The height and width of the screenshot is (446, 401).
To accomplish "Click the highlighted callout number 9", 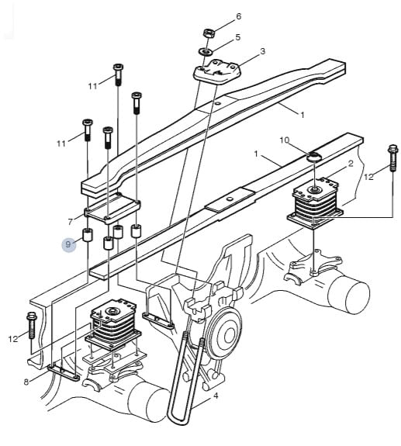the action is pyautogui.click(x=68, y=244).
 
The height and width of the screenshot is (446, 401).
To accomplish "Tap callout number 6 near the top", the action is pyautogui.click(x=238, y=16).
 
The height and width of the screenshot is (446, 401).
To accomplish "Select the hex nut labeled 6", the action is pyautogui.click(x=209, y=33).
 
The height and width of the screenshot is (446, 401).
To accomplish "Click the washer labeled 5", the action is pyautogui.click(x=206, y=52).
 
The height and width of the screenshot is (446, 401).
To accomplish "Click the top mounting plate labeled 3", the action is pyautogui.click(x=217, y=72).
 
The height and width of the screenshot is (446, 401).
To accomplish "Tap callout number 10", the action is pyautogui.click(x=285, y=140).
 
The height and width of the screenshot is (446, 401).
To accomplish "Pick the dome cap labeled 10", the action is pyautogui.click(x=314, y=157).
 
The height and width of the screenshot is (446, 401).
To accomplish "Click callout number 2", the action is pyautogui.click(x=351, y=164).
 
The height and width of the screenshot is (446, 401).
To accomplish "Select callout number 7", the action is pyautogui.click(x=71, y=222).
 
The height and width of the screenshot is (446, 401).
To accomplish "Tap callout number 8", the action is pyautogui.click(x=26, y=382).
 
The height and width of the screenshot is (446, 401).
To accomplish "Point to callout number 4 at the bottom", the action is pyautogui.click(x=216, y=396).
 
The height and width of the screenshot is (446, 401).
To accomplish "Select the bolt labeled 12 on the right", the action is pyautogui.click(x=392, y=158).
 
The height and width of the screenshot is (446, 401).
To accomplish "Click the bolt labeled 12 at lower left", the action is pyautogui.click(x=31, y=325).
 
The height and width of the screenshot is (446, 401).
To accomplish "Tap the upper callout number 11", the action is pyautogui.click(x=92, y=86).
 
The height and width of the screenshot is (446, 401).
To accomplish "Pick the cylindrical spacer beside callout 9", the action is pyautogui.click(x=88, y=235).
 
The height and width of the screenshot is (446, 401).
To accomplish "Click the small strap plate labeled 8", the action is pyautogui.click(x=64, y=372).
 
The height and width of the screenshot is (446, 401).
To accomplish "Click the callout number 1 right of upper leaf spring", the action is pyautogui.click(x=302, y=115).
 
